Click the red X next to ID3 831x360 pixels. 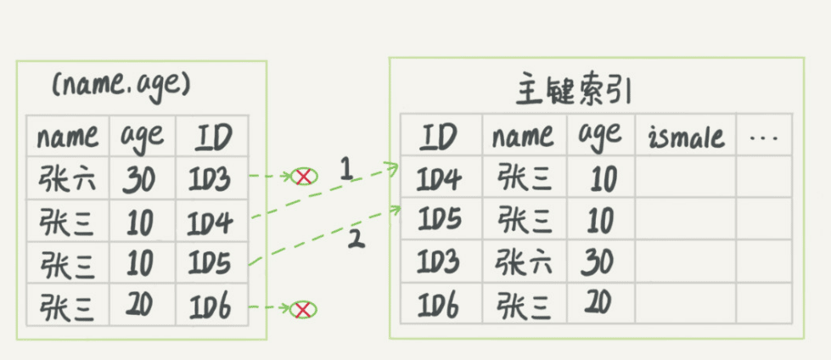(302, 177)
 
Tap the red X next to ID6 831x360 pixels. (300, 309)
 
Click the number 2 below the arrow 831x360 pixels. (356, 239)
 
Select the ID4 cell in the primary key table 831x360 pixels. (440, 178)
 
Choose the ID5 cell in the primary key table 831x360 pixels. (440, 220)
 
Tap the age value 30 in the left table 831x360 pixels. (138, 178)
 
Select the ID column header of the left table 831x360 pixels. (212, 136)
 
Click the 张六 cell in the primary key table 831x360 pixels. (525, 262)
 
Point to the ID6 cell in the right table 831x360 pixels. (440, 304)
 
